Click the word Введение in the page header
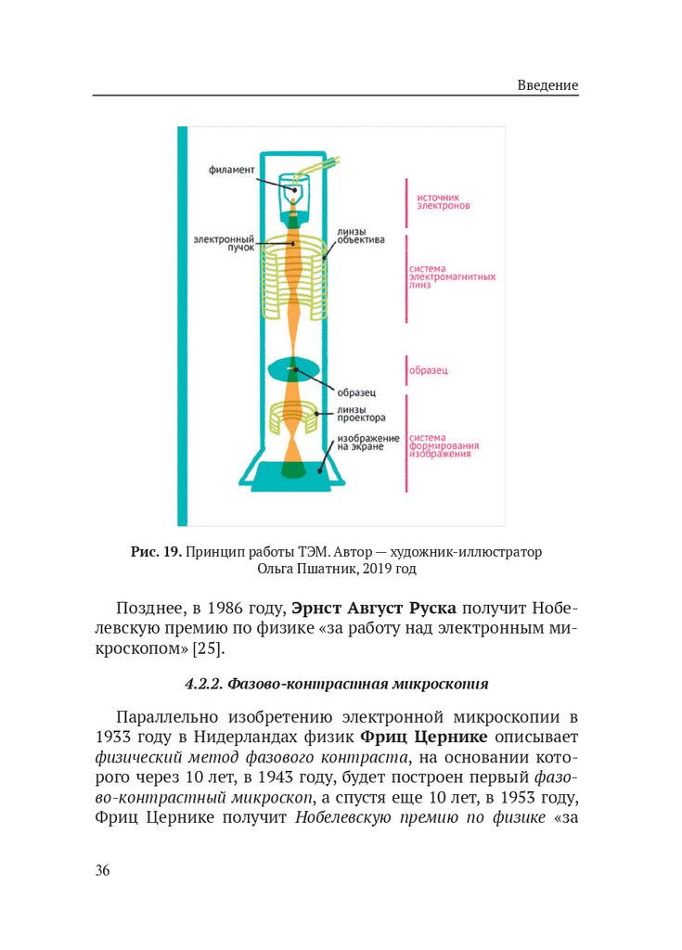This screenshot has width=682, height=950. tap(547, 85)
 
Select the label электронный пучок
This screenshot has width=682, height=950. tap(217, 243)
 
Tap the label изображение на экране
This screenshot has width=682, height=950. tap(368, 443)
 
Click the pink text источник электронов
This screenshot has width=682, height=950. tap(444, 201)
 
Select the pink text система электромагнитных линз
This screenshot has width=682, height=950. tap(451, 277)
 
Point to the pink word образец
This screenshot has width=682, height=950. tap(430, 371)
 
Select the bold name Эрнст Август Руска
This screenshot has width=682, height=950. tap(373, 610)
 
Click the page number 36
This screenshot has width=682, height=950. tap(103, 870)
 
